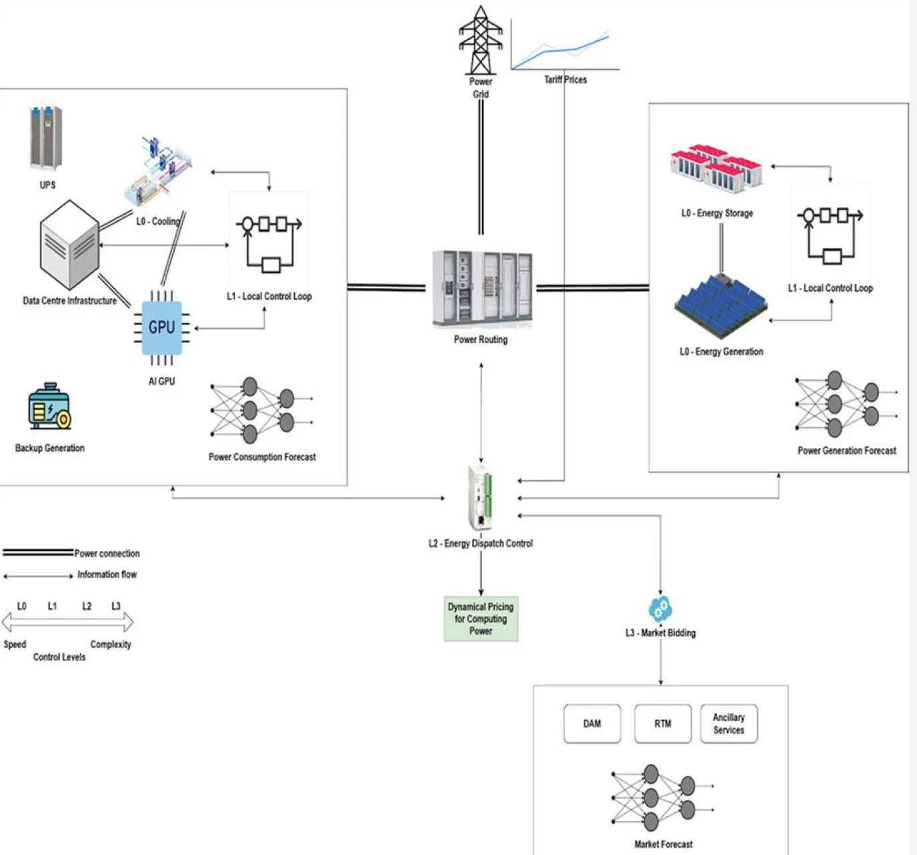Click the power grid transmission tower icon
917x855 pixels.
tap(480, 40)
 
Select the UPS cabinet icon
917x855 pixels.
tap(46, 139)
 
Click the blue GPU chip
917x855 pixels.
tap(161, 327)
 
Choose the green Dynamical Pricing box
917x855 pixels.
tap(481, 618)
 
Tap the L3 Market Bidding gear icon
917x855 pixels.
tap(660, 608)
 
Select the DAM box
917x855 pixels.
tap(592, 724)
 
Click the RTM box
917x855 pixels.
tap(662, 724)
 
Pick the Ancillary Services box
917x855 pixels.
tap(729, 724)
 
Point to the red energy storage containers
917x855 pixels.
tap(717, 168)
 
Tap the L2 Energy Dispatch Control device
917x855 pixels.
tap(481, 498)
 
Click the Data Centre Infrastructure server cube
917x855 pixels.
tap(69, 245)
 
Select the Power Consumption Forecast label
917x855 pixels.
tap(262, 457)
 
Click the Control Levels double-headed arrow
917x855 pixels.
tap(67, 623)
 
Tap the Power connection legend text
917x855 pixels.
tap(107, 554)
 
